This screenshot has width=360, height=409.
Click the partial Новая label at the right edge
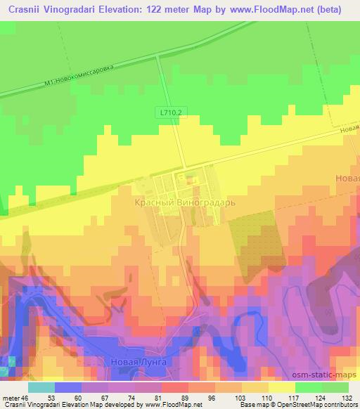click(x=347, y=178)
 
